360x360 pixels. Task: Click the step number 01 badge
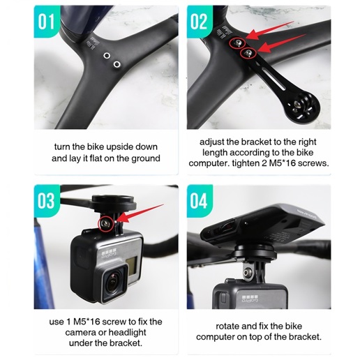tap(46, 22)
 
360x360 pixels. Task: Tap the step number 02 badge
tap(199, 22)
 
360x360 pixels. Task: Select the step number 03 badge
tap(46, 201)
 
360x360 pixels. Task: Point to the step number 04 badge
tap(199, 201)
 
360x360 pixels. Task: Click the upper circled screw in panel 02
tap(237, 43)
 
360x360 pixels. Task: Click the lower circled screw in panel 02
tap(248, 53)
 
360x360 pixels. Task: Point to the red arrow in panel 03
tap(140, 212)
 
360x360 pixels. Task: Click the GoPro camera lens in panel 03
tap(114, 285)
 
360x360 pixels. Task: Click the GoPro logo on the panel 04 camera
tap(250, 299)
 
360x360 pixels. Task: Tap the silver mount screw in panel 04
tap(248, 271)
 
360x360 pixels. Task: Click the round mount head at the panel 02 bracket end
tap(303, 107)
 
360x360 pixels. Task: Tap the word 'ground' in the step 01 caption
tap(146, 158)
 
